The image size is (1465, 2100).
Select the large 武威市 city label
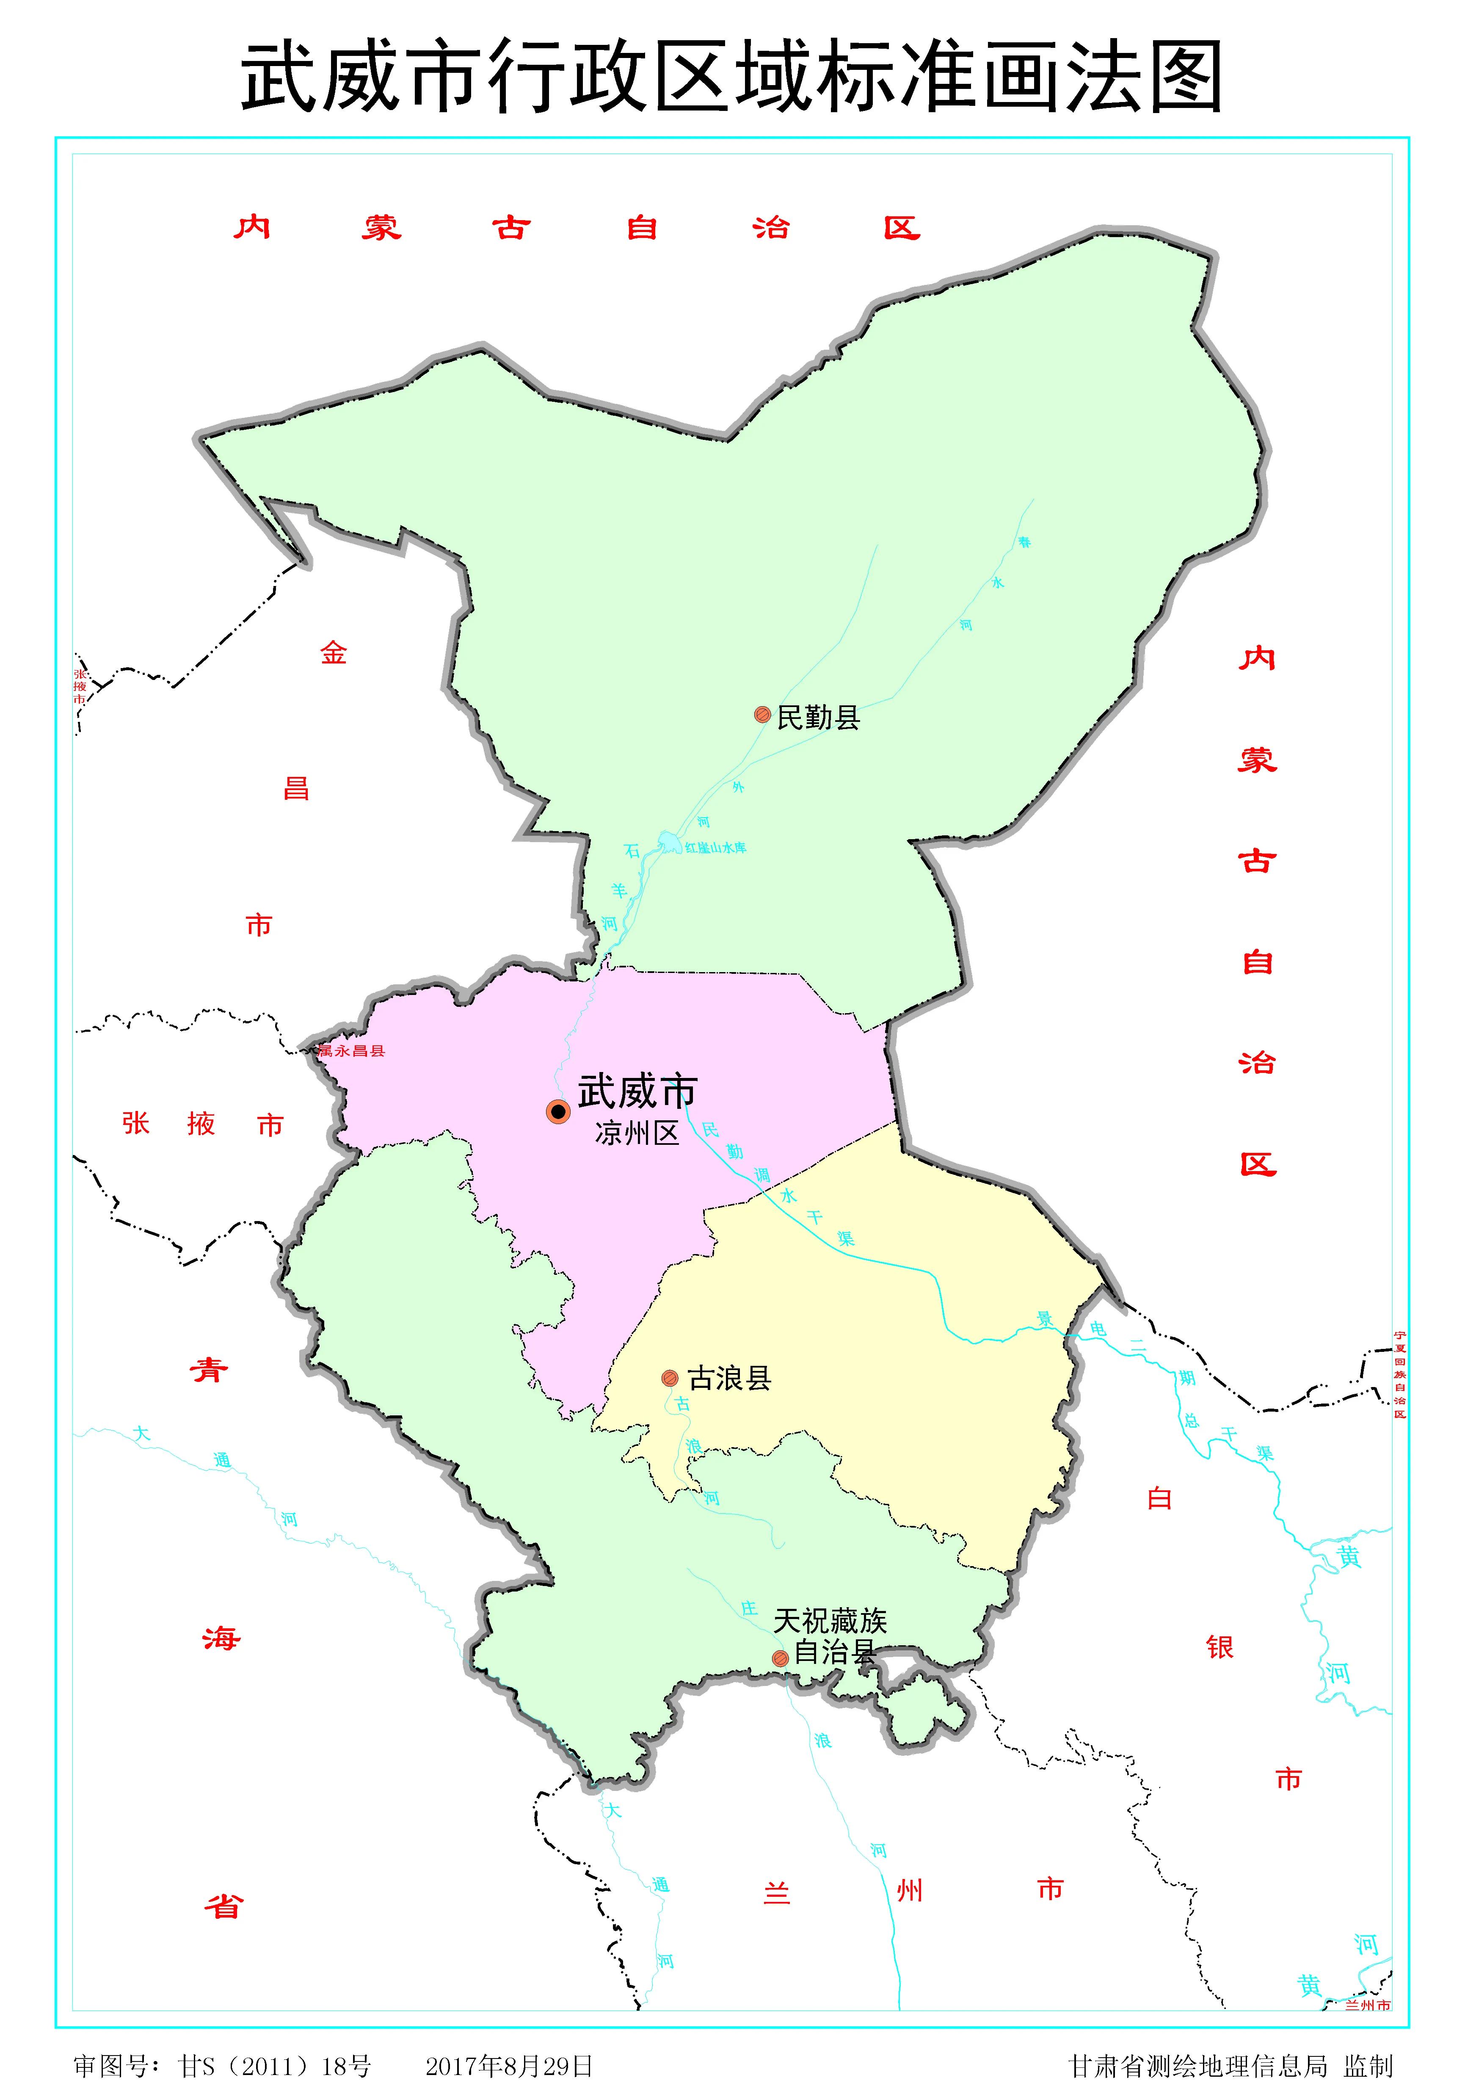click(637, 1091)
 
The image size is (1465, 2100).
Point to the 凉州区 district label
click(637, 1134)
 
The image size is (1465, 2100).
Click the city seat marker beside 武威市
click(558, 1111)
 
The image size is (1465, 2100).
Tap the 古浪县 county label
click(729, 1379)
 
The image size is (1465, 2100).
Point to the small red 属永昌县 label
click(352, 1051)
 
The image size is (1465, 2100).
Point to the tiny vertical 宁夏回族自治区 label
click(1399, 1374)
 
